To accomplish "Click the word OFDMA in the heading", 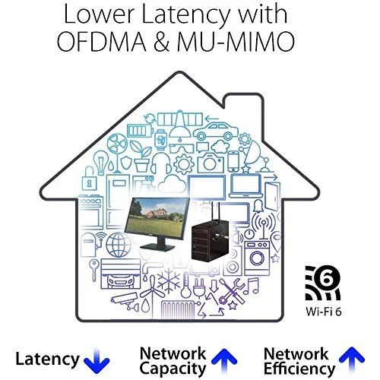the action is coord(101,41).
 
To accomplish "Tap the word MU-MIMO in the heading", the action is coord(236,41).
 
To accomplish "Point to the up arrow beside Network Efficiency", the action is coord(352,359).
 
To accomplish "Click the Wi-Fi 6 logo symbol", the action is coord(323,283).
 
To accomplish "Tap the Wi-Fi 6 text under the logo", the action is coord(324,312).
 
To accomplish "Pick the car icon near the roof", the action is coord(216,131).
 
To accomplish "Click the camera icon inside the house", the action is coord(211,163).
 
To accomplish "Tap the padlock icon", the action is coord(89,179).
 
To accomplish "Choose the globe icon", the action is coord(119,245).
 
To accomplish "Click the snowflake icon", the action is coord(169,281).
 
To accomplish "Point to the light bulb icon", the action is coord(101,163).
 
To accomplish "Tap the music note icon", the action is coord(251,286).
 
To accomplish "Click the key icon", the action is coord(94,270).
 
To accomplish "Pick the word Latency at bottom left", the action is coord(47,359).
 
